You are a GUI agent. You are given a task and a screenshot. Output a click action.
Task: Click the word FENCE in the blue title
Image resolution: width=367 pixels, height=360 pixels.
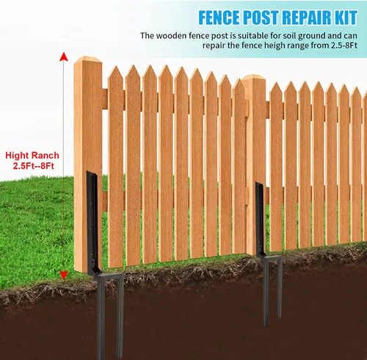(219, 18)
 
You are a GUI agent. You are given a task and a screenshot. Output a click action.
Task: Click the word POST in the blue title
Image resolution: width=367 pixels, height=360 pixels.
(261, 18)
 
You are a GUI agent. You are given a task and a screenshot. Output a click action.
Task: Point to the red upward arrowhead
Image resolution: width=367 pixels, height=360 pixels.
(64, 57)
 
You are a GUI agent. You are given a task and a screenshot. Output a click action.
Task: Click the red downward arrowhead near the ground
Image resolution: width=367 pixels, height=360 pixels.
(64, 275)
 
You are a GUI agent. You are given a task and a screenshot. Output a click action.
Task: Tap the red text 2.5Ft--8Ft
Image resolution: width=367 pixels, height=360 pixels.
(34, 166)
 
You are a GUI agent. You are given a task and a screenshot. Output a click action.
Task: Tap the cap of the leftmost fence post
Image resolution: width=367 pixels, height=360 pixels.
(88, 59)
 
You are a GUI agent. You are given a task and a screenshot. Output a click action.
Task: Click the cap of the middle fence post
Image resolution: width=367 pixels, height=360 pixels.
(254, 77)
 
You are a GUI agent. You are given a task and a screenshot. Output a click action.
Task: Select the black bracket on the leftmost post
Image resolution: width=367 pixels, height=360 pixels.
(94, 223)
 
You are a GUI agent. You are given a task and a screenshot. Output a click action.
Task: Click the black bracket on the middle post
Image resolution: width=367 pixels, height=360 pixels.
(261, 219)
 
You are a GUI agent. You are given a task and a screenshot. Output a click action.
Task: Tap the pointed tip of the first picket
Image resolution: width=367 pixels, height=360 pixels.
(116, 67)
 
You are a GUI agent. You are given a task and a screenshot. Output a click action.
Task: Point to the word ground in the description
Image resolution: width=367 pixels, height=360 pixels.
(312, 36)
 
